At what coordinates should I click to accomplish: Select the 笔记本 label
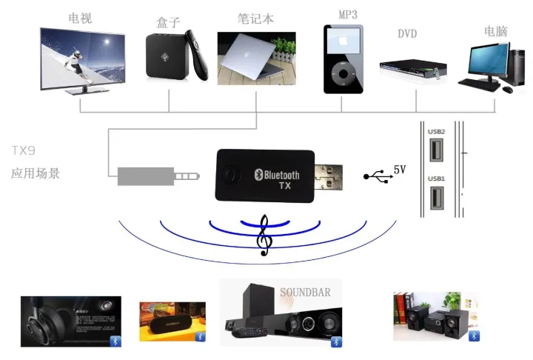255,18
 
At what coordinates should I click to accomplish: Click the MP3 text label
348,15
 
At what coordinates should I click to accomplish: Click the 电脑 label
496,31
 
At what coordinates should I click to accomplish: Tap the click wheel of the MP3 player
343,74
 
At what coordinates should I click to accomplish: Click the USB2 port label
436,132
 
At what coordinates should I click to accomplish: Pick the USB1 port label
436,179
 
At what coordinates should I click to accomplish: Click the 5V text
400,170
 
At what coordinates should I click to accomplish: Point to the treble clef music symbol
263,236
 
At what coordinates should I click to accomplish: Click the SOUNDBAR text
305,292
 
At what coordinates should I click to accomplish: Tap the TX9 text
24,150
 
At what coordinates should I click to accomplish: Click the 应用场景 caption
36,174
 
